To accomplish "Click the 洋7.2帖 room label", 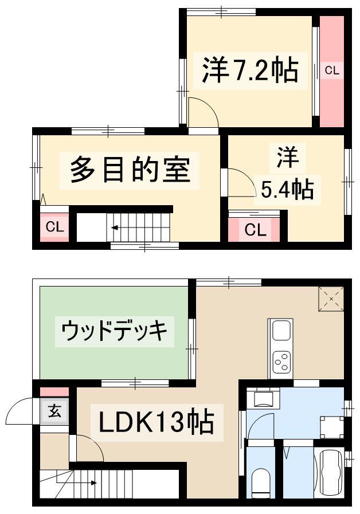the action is pos(250,70).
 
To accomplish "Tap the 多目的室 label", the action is pos(130,170).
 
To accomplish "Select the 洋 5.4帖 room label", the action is pos(288,174).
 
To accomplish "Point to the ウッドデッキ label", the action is pos(115,331).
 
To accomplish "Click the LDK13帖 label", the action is pos(156,422).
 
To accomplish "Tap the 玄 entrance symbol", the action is pos(54,411).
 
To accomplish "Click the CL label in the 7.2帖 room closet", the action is pos(332,70).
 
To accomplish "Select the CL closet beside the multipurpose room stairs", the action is pos(54,226).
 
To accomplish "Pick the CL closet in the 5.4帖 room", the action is pos(255,229).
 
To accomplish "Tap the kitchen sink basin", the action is pos(281,331).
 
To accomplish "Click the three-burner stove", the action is pos(281,362).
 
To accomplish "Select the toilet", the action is pos(261,482).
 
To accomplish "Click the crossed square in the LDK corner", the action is pos(331,299).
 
